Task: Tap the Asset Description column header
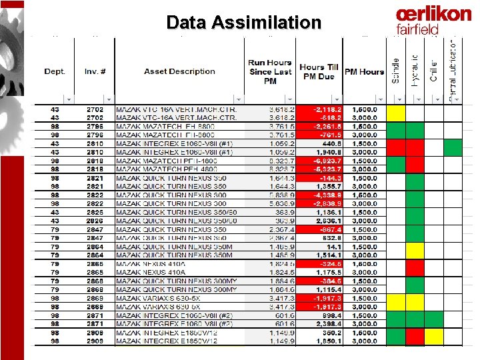click(179, 71)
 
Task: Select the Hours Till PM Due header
click(320, 72)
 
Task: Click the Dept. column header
click(55, 71)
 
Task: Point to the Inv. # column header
click(95, 71)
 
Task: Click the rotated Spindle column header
click(395, 70)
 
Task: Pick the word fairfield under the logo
click(417, 29)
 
